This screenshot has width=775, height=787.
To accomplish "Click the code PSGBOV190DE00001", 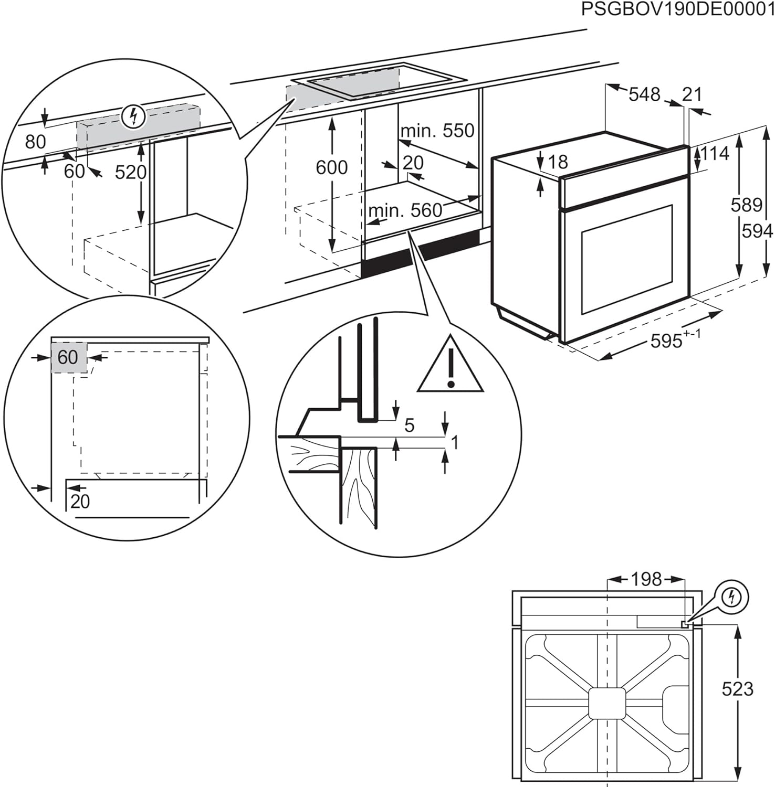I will click(x=677, y=9).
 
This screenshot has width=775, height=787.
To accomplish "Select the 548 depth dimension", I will click(x=644, y=94).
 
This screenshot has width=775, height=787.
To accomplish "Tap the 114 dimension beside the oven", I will click(x=715, y=154).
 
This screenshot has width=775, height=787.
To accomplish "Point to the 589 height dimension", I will click(x=746, y=205).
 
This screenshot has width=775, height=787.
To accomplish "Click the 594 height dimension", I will click(x=757, y=231).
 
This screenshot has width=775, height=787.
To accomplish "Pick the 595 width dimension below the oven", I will click(x=667, y=341).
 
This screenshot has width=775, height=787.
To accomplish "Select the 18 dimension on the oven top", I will click(x=558, y=162).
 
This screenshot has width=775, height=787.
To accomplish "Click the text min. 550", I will click(x=437, y=131).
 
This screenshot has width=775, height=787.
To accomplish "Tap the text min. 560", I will click(x=405, y=211).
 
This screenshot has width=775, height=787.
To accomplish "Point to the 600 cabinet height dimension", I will click(x=331, y=167).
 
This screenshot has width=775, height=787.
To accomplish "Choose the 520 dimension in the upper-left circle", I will click(x=130, y=172).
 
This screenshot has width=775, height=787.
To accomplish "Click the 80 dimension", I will click(x=35, y=142).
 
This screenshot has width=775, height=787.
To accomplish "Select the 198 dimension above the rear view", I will click(x=646, y=579).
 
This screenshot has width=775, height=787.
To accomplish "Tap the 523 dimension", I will click(x=737, y=689).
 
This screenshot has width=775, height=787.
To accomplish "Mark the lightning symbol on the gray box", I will click(x=133, y=117).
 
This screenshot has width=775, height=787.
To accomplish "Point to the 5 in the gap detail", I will click(x=409, y=425).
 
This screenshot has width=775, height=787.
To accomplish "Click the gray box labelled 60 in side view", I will click(x=69, y=357).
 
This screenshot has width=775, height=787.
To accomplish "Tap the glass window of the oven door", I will click(x=626, y=260).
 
